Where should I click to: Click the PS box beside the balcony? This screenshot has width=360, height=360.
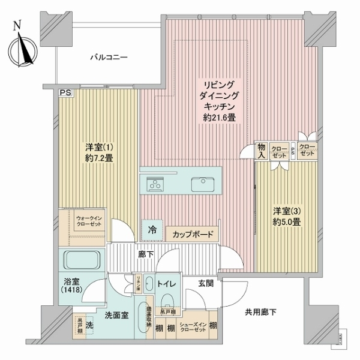pos(64,92)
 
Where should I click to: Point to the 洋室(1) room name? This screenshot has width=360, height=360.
pos(95,147)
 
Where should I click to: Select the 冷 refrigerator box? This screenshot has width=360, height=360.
pos(152,229)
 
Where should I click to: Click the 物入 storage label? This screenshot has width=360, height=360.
pos(262,151)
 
